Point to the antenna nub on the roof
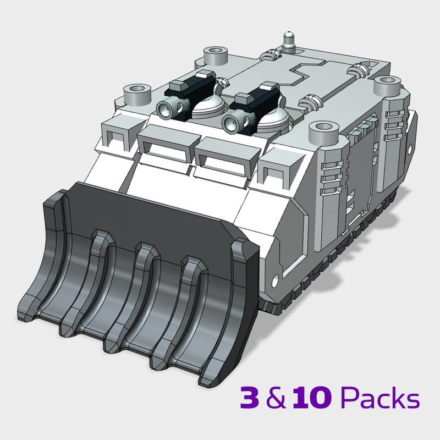click(288, 40)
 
